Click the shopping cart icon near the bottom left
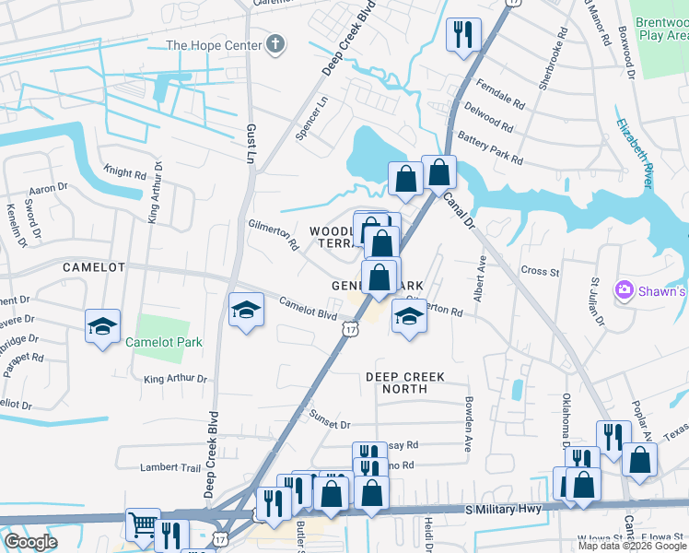coord(143,525)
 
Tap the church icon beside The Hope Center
coord(274,44)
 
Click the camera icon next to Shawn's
coord(625,291)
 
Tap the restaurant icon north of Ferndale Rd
coord(461,35)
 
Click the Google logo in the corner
coord(29,542)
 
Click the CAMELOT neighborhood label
coord(93,266)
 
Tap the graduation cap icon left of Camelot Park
coord(103,325)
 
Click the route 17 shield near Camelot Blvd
coord(349,328)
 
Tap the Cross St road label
coord(541,272)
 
